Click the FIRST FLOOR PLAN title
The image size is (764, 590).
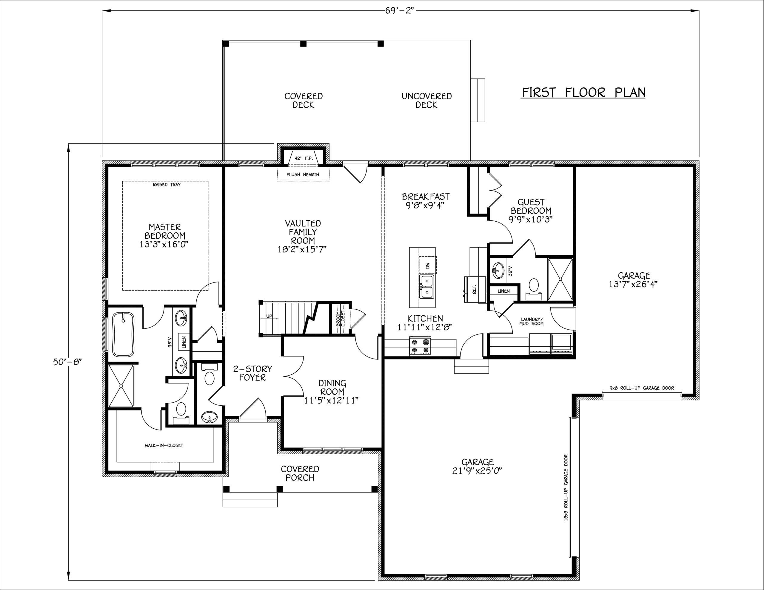(x=583, y=93)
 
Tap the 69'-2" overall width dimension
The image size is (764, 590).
(x=400, y=10)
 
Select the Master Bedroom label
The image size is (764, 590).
(x=164, y=235)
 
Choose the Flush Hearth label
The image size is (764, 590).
(x=303, y=174)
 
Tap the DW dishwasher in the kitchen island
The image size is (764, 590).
(x=427, y=266)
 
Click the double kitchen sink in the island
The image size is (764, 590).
(x=427, y=287)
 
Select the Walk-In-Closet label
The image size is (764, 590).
(x=164, y=446)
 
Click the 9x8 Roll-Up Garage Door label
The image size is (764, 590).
(x=642, y=388)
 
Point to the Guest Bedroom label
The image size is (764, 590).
(x=531, y=211)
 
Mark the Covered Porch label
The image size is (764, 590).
(x=300, y=474)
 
